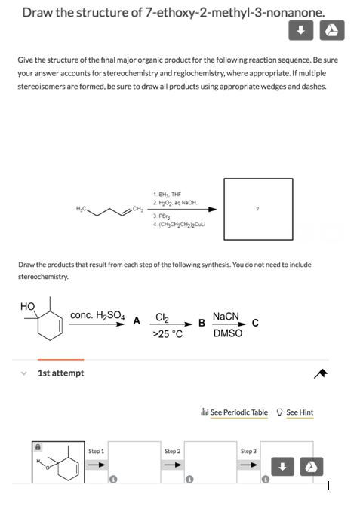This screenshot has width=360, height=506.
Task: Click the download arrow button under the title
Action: (x=300, y=31)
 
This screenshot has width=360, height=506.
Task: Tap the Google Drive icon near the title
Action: (x=331, y=31)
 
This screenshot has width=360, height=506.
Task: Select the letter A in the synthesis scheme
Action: (x=137, y=318)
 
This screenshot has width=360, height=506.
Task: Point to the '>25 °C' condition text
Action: (x=168, y=333)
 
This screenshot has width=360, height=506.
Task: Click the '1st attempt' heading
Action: (x=61, y=373)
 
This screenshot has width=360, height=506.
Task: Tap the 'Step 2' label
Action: (x=172, y=451)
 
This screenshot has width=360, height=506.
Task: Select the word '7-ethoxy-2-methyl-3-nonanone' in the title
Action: (x=234, y=12)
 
